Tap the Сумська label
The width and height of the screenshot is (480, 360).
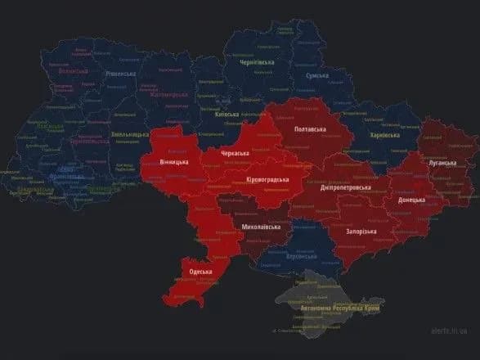[316, 75]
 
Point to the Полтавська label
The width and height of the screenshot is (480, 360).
[311, 130]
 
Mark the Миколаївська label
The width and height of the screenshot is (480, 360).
[262, 226]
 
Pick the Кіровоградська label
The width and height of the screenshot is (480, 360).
[267, 180]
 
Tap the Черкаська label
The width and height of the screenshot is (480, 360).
[236, 153]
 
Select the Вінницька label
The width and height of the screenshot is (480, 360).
[173, 162]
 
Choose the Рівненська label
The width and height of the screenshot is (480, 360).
[124, 73]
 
